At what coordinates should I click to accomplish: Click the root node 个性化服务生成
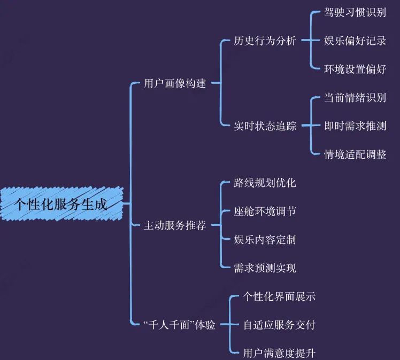click(60, 204)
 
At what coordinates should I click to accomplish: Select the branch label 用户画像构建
click(175, 83)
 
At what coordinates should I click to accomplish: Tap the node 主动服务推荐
click(175, 225)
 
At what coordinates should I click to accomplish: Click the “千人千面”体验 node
click(180, 324)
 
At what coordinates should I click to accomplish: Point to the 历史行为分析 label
click(265, 41)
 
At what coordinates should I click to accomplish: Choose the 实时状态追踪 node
click(265, 126)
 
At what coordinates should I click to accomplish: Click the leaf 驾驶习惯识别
click(355, 12)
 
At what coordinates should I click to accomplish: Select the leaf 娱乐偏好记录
click(355, 41)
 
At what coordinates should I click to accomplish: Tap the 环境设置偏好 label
click(355, 69)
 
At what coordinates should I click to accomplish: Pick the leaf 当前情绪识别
click(355, 98)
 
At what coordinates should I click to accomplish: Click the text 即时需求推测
click(355, 126)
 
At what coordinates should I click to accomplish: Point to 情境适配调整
click(355, 154)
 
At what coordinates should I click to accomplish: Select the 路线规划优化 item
click(265, 183)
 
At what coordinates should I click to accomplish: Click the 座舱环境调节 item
click(265, 211)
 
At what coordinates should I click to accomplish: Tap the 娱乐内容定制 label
click(265, 239)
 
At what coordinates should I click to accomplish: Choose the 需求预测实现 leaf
click(265, 268)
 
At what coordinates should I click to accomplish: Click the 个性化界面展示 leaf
click(279, 296)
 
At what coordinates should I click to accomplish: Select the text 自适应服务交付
click(279, 324)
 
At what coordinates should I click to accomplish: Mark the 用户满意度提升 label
click(279, 353)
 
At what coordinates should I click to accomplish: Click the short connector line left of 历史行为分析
click(226, 41)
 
